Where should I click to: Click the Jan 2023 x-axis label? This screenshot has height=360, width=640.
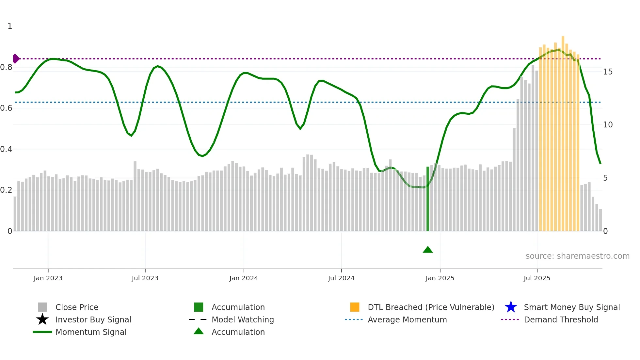click(x=48, y=278)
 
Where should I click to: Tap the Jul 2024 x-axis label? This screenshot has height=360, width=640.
click(x=341, y=278)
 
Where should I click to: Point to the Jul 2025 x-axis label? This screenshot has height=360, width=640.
click(x=537, y=278)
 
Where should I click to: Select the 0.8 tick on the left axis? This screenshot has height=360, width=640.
click(x=6, y=67)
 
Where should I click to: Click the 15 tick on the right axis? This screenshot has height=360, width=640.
click(x=608, y=72)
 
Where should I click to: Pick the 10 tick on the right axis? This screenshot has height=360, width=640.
click(x=608, y=125)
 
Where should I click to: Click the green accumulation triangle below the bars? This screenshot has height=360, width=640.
click(x=428, y=250)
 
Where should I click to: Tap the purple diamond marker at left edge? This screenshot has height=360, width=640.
click(x=16, y=59)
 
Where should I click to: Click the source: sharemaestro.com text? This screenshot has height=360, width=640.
click(x=577, y=256)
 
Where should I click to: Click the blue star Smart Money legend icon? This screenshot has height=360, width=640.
click(x=511, y=307)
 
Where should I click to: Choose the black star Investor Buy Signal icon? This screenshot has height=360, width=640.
click(x=42, y=319)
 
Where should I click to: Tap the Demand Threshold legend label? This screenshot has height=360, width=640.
click(x=561, y=319)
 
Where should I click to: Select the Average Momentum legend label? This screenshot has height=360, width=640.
click(x=407, y=319)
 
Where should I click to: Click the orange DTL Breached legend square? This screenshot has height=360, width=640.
click(x=355, y=307)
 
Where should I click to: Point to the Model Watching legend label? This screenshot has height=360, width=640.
click(x=243, y=319)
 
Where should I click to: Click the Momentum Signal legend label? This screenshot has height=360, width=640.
click(x=91, y=332)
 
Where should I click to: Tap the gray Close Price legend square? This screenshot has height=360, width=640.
click(x=42, y=307)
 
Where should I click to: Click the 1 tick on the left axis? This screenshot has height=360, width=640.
click(x=10, y=26)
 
